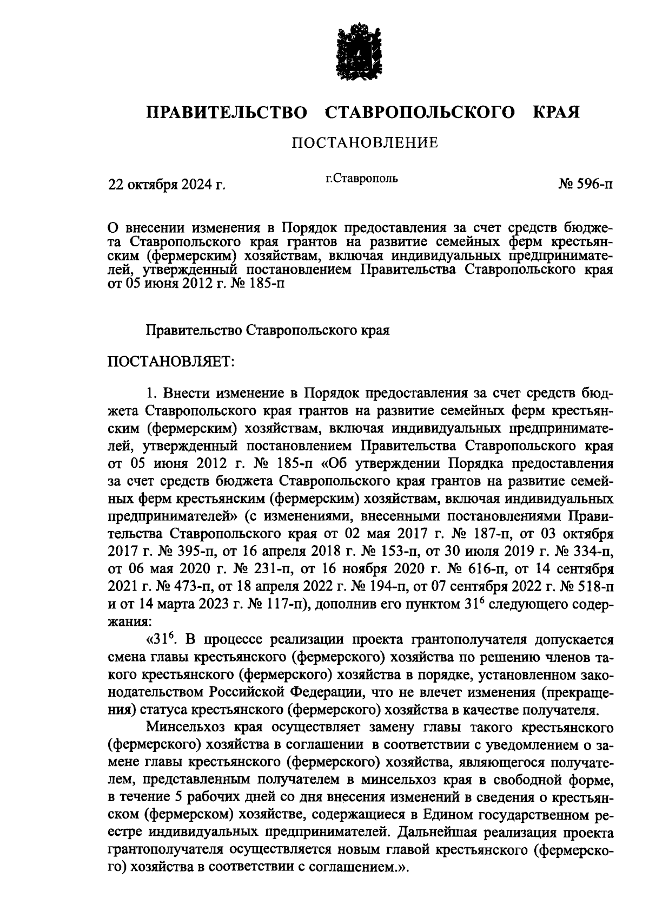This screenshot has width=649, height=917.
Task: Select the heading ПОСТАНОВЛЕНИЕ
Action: (x=365, y=143)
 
